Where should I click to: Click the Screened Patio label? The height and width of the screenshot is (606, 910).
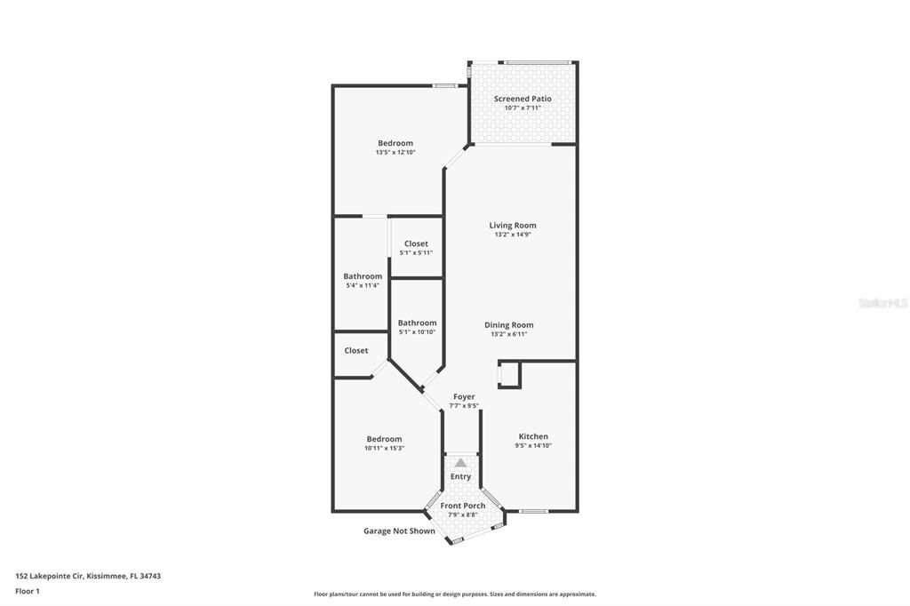click(523, 99)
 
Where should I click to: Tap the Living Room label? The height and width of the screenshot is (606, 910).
click(513, 225)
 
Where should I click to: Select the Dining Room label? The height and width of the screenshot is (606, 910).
click(509, 325)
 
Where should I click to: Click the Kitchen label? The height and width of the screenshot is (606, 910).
click(533, 436)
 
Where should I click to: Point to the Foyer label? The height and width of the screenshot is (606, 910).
click(464, 396)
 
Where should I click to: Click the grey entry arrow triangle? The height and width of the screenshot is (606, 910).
click(460, 463)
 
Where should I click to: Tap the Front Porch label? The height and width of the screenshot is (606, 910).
click(462, 506)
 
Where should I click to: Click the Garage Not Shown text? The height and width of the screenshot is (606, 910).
click(399, 530)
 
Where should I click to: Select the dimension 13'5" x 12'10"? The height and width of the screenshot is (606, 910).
click(395, 152)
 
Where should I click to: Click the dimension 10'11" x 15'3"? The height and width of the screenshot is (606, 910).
click(384, 448)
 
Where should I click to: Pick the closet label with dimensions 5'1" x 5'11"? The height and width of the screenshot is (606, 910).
click(416, 243)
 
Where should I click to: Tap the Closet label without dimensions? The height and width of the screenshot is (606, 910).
click(355, 351)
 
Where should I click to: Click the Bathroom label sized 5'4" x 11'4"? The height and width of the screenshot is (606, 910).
click(363, 276)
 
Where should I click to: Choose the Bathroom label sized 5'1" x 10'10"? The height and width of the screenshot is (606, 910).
click(418, 323)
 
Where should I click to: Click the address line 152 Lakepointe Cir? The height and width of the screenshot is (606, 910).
click(88, 577)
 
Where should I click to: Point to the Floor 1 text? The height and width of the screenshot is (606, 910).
click(28, 592)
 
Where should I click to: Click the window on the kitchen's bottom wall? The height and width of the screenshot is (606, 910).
click(533, 512)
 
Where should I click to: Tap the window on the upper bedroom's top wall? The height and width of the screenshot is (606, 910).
click(445, 86)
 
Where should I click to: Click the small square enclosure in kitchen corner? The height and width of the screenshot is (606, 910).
click(509, 374)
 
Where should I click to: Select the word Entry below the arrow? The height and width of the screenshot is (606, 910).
click(461, 476)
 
